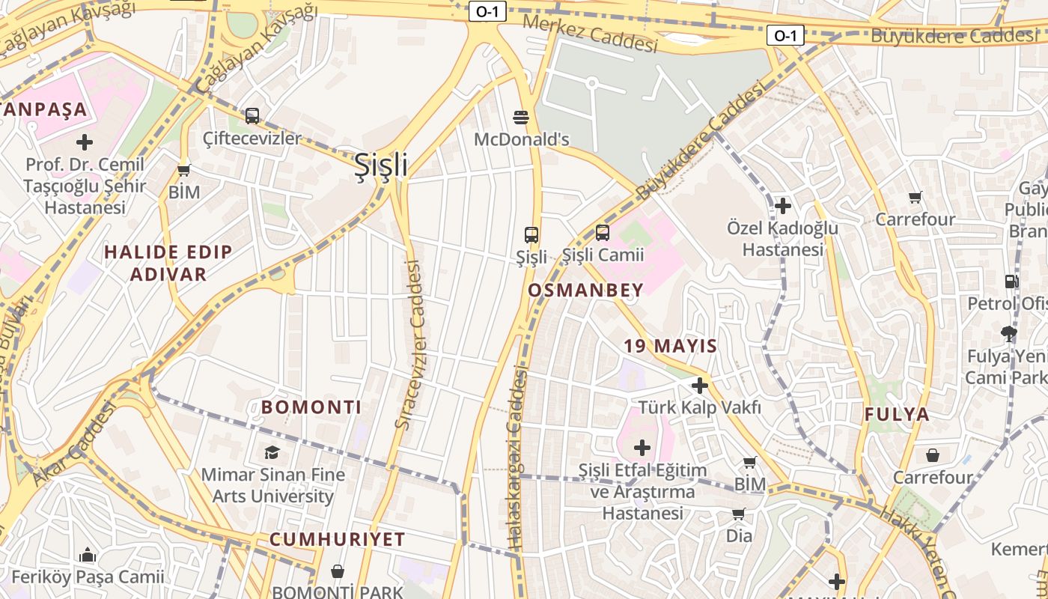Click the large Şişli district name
click(381, 165)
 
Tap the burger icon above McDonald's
click(522, 117)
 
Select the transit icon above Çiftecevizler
click(252, 116)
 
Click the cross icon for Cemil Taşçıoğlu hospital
click(85, 142)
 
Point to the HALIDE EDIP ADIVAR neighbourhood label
click(168, 263)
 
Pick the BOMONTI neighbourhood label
click(311, 407)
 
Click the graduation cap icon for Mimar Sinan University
click(272, 452)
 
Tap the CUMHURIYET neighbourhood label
click(337, 539)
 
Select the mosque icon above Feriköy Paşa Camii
click(88, 555)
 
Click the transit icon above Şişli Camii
click(603, 233)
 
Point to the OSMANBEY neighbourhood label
click(585, 291)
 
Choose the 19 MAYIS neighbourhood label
click(671, 346)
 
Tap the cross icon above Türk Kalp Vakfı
click(700, 386)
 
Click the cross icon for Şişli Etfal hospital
click(642, 448)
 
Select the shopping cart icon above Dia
click(739, 514)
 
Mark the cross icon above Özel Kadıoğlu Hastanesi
click(783, 205)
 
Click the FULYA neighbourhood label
click(897, 414)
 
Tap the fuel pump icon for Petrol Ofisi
click(1011, 282)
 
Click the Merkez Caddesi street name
click(590, 34)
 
